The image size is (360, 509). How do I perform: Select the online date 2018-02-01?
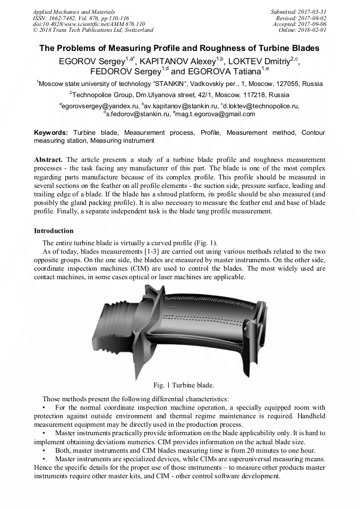pyautogui.click(x=313, y=30)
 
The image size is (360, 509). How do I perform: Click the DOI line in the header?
pyautogui.click(x=89, y=24)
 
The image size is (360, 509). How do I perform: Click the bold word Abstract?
pyautogui.click(x=49, y=160)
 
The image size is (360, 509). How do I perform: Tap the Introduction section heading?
pyautogui.click(x=54, y=231)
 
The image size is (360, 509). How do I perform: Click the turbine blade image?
pyautogui.click(x=181, y=331)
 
